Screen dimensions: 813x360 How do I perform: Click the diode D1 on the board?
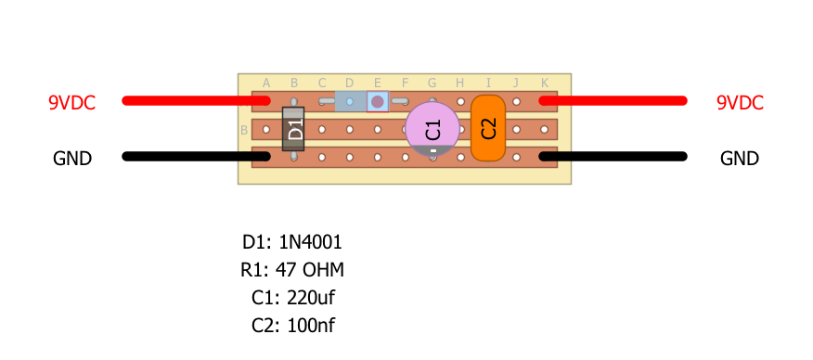click(293, 129)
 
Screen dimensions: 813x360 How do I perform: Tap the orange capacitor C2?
click(488, 128)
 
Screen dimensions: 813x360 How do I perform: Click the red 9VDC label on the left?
click(72, 103)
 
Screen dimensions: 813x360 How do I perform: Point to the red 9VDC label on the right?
click(740, 103)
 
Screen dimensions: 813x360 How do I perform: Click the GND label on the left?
click(72, 159)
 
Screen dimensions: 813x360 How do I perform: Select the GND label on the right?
click(740, 159)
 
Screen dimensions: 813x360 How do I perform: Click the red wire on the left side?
click(196, 100)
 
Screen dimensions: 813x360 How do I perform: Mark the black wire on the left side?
click(196, 157)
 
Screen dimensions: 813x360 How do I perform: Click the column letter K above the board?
click(545, 83)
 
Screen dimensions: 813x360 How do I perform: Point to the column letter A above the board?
click(266, 83)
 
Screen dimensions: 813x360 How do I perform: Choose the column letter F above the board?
click(405, 83)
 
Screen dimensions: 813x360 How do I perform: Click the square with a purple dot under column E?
click(378, 101)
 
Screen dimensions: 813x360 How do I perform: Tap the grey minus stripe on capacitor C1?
click(432, 150)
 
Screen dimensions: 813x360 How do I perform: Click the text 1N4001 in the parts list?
click(311, 242)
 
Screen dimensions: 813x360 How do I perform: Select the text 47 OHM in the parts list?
click(310, 270)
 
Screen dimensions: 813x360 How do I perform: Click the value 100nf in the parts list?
click(311, 326)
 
